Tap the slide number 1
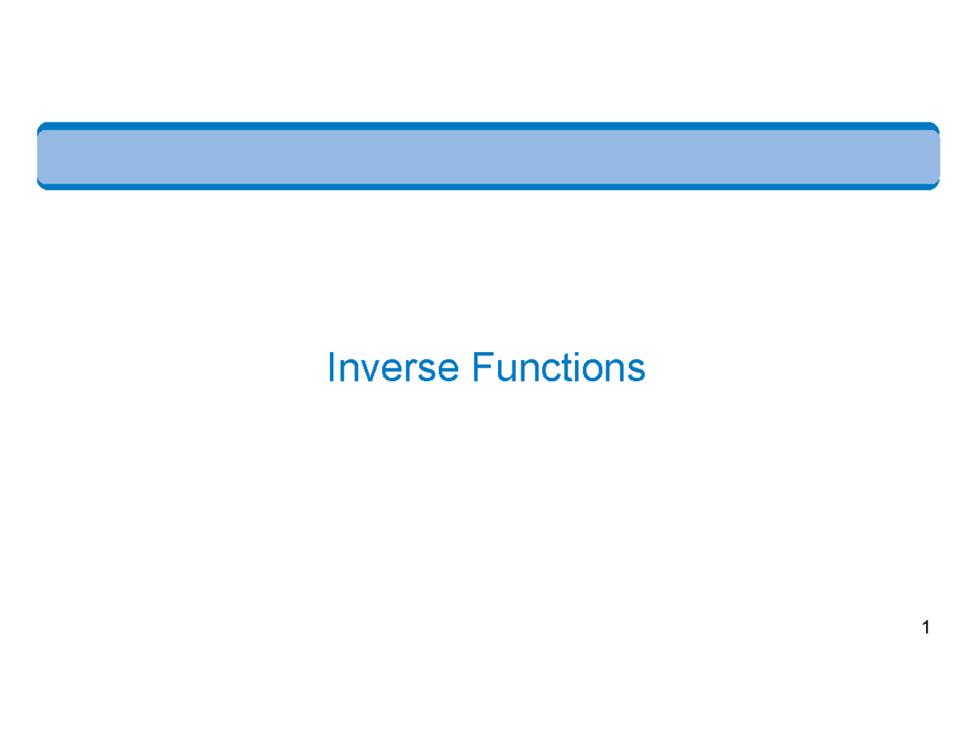[924, 627]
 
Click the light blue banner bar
[487, 157]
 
